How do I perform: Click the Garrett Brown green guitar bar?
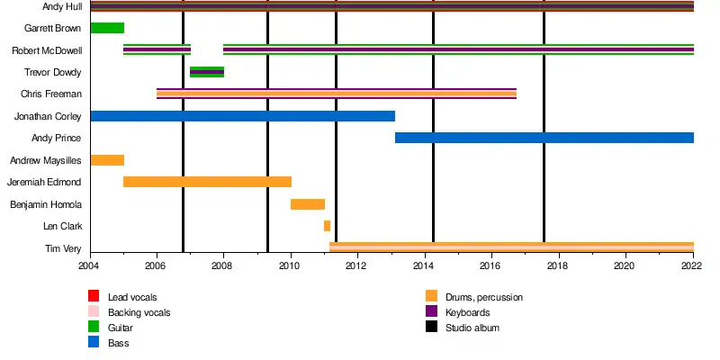pyautogui.click(x=107, y=28)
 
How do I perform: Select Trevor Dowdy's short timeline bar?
pyautogui.click(x=207, y=72)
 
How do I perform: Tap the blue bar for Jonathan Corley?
pyautogui.click(x=242, y=116)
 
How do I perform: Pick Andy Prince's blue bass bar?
pyautogui.click(x=544, y=138)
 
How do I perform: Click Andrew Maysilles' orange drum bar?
pyautogui.click(x=107, y=160)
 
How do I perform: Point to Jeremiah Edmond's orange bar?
pyautogui.click(x=207, y=182)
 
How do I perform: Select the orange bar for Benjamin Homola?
pyautogui.click(x=307, y=204)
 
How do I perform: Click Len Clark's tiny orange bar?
pyautogui.click(x=327, y=226)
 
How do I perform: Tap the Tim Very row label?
pyautogui.click(x=63, y=248)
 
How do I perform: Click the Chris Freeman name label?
pyautogui.click(x=51, y=94)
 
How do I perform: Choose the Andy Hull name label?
pyautogui.click(x=62, y=6)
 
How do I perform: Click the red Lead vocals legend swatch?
pyautogui.click(x=94, y=296)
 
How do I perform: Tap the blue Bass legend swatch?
pyautogui.click(x=94, y=342)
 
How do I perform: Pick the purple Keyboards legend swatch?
pyautogui.click(x=432, y=311)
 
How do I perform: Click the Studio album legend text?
pyautogui.click(x=472, y=328)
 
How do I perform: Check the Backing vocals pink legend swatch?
pyautogui.click(x=94, y=311)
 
